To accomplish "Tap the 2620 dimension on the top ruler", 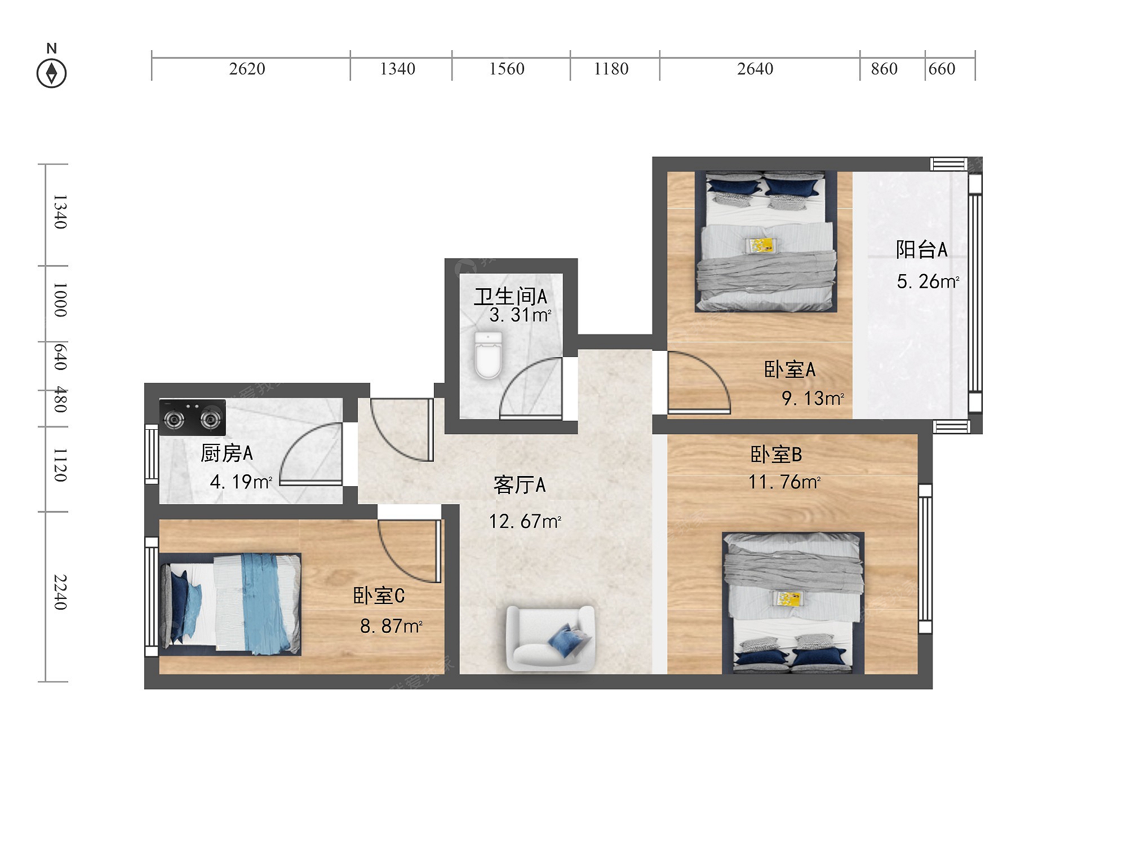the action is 247,69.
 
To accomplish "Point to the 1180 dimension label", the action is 611,69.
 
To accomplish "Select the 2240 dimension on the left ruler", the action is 60,592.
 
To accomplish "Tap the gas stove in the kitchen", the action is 192,417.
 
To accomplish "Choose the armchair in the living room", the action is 551,638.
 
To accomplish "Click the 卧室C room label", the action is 379,596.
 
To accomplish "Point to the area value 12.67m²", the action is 525,521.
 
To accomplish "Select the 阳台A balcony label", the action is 922,249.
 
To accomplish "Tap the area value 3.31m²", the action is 520,315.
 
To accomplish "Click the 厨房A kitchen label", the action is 227,453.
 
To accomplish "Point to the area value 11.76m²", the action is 784,482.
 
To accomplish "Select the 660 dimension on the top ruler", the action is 942,69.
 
